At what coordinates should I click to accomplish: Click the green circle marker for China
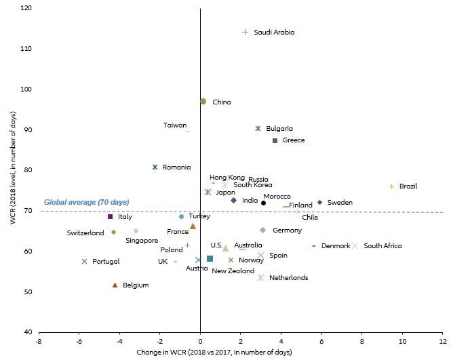[203, 101]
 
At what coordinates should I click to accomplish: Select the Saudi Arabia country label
[274, 32]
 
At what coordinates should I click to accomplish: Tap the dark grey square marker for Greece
[275, 140]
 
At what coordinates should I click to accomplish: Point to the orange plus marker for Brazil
[391, 186]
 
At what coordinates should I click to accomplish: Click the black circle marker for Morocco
[264, 203]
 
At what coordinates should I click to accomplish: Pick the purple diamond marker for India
[233, 201]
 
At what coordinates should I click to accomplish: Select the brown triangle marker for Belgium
[115, 285]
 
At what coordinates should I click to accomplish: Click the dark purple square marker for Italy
[110, 216]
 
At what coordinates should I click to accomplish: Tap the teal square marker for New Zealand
[210, 259]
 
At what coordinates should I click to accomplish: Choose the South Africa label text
[383, 246]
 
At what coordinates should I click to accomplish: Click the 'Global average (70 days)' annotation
[86, 202]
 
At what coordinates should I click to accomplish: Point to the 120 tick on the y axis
[27, 9]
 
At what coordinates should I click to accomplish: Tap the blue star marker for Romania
[155, 167]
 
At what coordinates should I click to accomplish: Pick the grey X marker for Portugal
[85, 261]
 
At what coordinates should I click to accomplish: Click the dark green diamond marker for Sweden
[319, 202]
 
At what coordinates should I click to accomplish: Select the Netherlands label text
[288, 277]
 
